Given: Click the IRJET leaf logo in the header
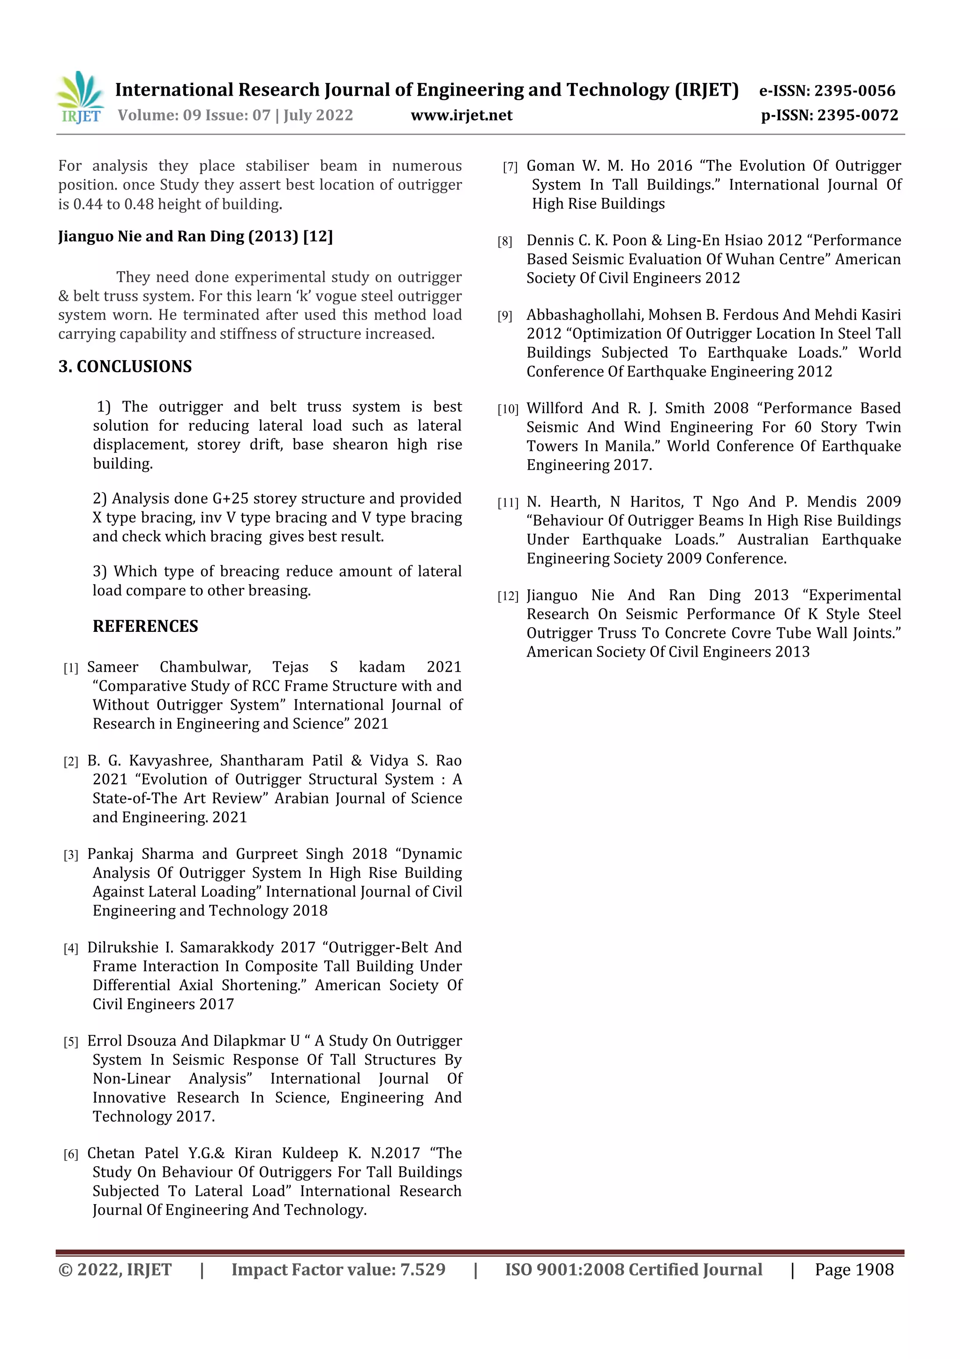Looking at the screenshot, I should click(81, 97).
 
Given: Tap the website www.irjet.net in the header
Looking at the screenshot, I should click(461, 115).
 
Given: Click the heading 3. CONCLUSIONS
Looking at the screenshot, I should click(125, 366).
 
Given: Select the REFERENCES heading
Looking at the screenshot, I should click(145, 626).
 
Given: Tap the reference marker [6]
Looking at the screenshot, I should click(71, 1154).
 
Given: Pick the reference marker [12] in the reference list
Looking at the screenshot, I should click(508, 596).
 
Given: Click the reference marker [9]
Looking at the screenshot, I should click(504, 316).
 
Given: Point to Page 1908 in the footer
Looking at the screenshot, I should click(854, 1269).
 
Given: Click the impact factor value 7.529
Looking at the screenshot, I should click(422, 1269).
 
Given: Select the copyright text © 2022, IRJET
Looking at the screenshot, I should click(115, 1269).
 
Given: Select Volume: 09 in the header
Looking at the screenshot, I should click(151, 115).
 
